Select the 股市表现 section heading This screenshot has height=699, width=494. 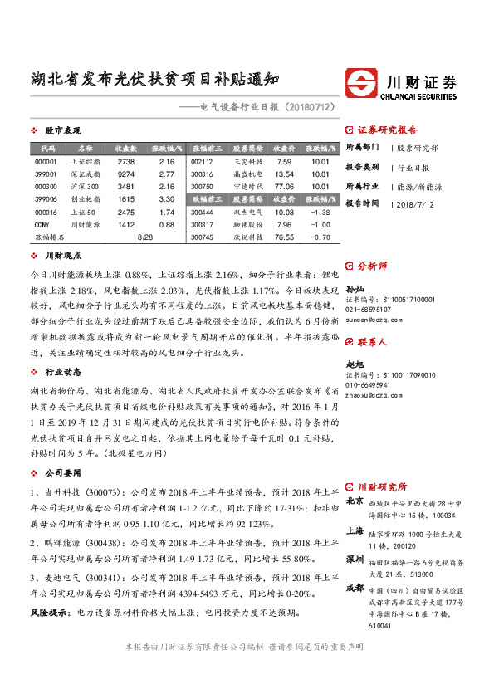[62, 131]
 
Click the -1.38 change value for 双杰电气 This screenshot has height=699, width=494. [320, 213]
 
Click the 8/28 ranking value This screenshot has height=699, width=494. [145, 237]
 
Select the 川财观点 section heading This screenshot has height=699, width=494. [62, 257]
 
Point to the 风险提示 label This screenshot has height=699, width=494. [48, 613]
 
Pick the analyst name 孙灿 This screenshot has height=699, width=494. [355, 289]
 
